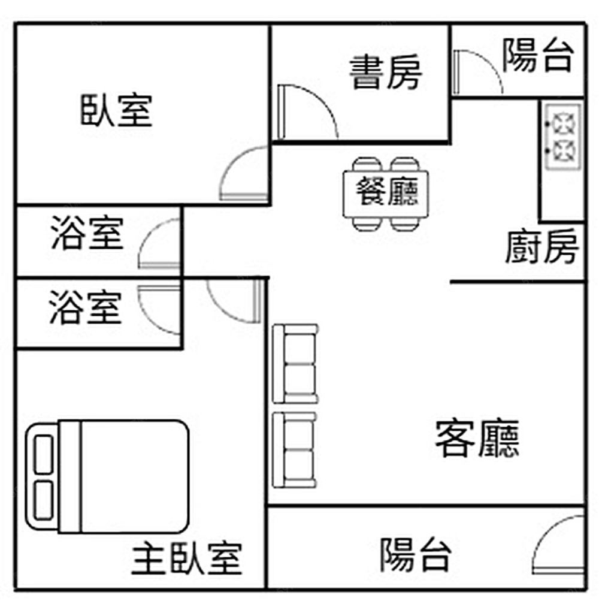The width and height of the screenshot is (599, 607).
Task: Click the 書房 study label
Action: pos(385,73)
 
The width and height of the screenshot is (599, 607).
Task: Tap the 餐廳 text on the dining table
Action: pos(387,191)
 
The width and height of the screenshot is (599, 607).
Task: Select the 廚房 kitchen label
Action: pos(541,246)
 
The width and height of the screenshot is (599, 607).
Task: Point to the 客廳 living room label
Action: pos(477,438)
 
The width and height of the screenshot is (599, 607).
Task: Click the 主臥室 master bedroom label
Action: pos(187,558)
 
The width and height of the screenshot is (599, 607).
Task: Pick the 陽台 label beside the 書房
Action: pos(538,55)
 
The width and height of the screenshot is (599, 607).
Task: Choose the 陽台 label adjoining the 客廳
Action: pos(416,555)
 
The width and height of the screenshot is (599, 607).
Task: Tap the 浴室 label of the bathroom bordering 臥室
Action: pos(87,232)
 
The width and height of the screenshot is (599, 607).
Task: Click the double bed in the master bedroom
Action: pos(107,476)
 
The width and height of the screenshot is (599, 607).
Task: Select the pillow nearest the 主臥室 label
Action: pos(43,500)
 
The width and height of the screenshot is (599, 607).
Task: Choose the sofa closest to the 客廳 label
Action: pos(295,449)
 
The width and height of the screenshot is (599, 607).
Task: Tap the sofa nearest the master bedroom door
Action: pos(295,364)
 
